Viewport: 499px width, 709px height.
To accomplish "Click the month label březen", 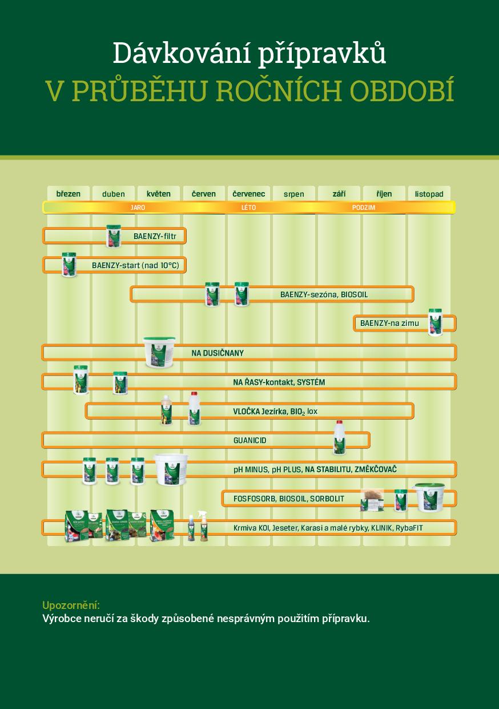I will coord(68,194).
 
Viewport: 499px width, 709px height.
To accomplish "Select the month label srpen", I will coord(294,194).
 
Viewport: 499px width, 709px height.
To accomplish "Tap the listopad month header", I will coord(429,194).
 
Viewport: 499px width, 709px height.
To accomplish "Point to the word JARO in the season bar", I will coord(138,208).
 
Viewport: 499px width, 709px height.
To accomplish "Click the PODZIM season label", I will coord(364,208).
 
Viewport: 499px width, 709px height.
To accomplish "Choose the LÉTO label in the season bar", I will coord(249,208).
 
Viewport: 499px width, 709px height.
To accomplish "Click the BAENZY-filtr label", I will coord(155,236).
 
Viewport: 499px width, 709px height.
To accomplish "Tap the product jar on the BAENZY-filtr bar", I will coord(114,236).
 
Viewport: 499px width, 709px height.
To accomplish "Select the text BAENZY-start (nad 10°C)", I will coord(139,265).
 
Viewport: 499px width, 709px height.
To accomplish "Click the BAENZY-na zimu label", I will coord(389,323).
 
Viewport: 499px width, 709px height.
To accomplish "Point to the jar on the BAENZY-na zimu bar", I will coord(435,322).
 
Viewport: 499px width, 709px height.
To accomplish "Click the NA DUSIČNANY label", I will coord(218,353).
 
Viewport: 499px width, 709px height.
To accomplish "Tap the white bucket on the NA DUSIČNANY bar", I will coord(159,352).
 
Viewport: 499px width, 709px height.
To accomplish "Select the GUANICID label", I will coord(249,440).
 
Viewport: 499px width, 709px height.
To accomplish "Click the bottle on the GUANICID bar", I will coord(340,437).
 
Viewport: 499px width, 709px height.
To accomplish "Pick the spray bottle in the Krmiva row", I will coord(202,526).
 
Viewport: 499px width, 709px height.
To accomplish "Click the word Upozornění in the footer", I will coord(71,605).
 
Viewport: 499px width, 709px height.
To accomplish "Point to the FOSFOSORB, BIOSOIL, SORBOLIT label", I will coord(288,499).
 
